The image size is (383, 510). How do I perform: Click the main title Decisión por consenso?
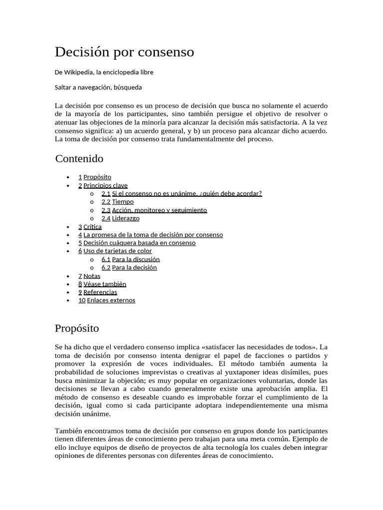[124, 52]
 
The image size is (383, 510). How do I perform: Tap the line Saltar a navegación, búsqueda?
[98, 88]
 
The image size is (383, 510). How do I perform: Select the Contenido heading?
[79, 159]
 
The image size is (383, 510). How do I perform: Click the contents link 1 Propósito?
[95, 177]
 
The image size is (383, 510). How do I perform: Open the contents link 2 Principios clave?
[103, 185]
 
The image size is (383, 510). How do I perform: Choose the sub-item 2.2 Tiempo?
[118, 202]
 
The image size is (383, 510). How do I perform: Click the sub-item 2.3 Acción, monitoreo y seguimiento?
[154, 210]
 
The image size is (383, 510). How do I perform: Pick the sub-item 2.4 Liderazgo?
[121, 218]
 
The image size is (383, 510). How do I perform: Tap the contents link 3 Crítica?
[90, 227]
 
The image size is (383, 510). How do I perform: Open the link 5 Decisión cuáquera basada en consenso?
[137, 243]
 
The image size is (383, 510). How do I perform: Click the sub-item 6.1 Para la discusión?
[131, 259]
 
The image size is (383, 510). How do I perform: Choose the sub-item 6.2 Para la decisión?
[129, 267]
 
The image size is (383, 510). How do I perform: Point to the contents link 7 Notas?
[89, 276]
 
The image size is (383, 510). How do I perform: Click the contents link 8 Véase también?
[102, 284]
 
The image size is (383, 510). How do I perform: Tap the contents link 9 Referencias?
[98, 292]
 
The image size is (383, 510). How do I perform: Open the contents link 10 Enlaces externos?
[107, 300]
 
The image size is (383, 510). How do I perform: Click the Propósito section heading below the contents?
[77, 329]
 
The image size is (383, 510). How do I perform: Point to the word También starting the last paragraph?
[67, 430]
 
